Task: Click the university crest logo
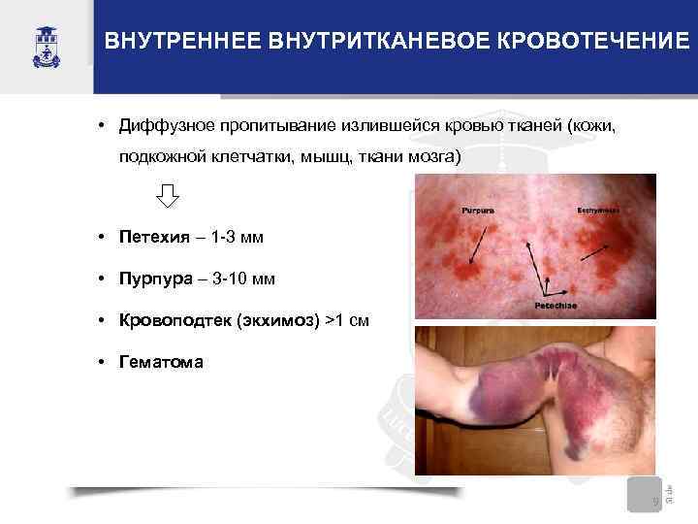coord(46,43)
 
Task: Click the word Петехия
coord(152,237)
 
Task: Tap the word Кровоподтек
coord(173,321)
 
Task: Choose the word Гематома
coord(161,363)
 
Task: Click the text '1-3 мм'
coord(237,237)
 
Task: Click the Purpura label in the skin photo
coord(477,209)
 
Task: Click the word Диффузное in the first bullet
coord(164,126)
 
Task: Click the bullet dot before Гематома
coord(102,363)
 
